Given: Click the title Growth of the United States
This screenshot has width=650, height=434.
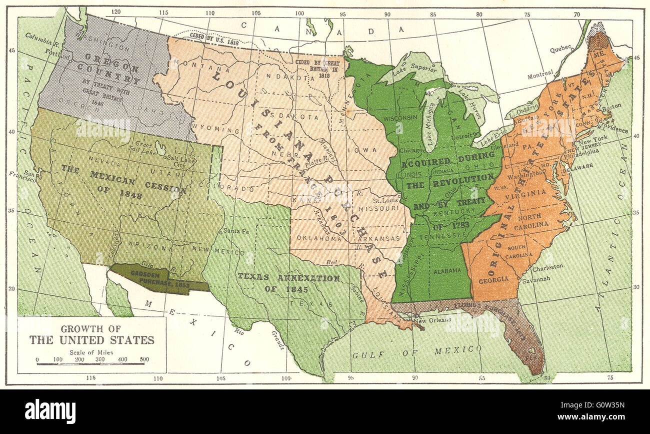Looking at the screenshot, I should click(x=91, y=335).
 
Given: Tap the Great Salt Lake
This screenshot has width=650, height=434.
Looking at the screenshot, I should click(x=161, y=148).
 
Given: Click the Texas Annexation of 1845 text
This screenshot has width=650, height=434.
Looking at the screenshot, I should click(x=288, y=283).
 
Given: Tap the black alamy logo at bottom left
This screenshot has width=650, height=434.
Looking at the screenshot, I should click(x=50, y=411).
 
